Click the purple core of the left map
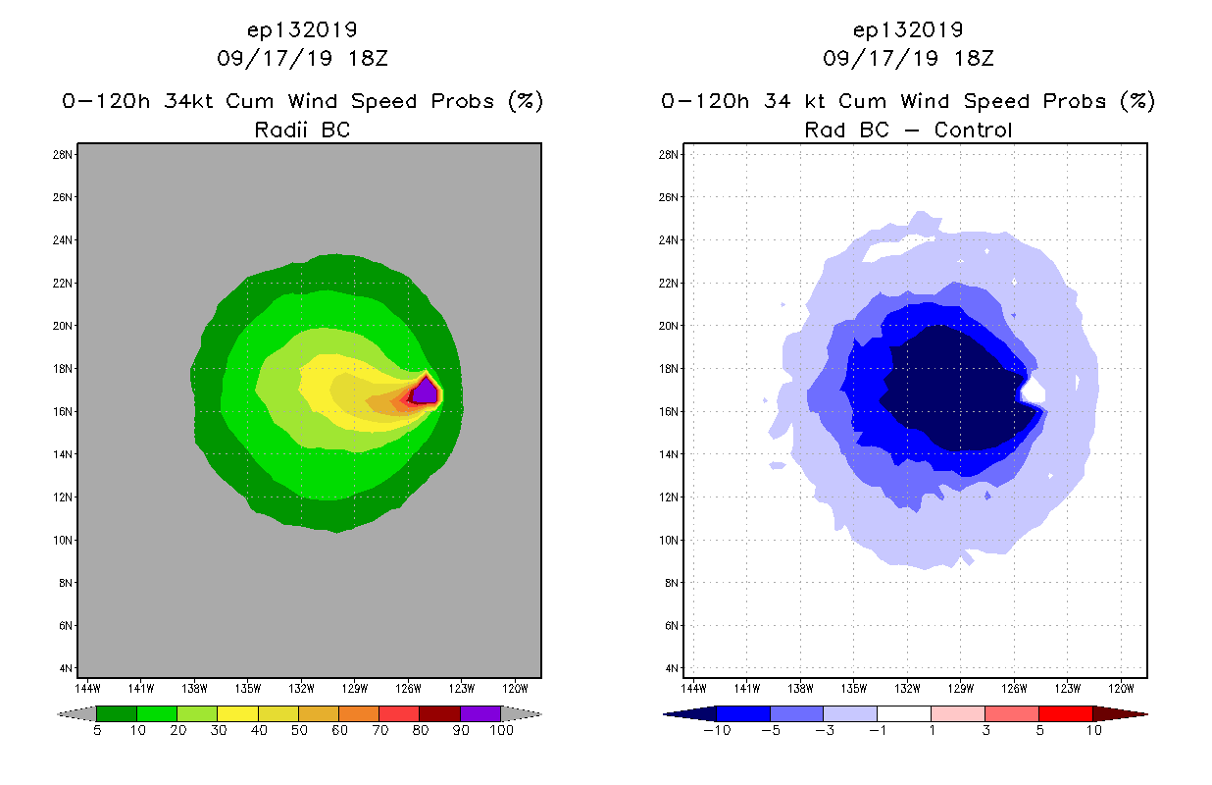(x=425, y=392)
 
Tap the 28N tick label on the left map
(x=64, y=155)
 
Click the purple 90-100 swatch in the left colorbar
(x=480, y=713)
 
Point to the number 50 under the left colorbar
(x=298, y=731)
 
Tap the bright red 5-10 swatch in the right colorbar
(x=1065, y=713)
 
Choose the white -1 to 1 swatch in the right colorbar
(x=904, y=713)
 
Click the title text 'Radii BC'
(x=302, y=130)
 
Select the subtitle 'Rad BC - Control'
(x=908, y=130)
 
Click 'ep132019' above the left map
(x=302, y=29)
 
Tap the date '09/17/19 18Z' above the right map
(x=908, y=58)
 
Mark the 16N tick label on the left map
(x=64, y=411)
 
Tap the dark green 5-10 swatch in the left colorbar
(x=117, y=713)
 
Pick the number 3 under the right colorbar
(x=985, y=731)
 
